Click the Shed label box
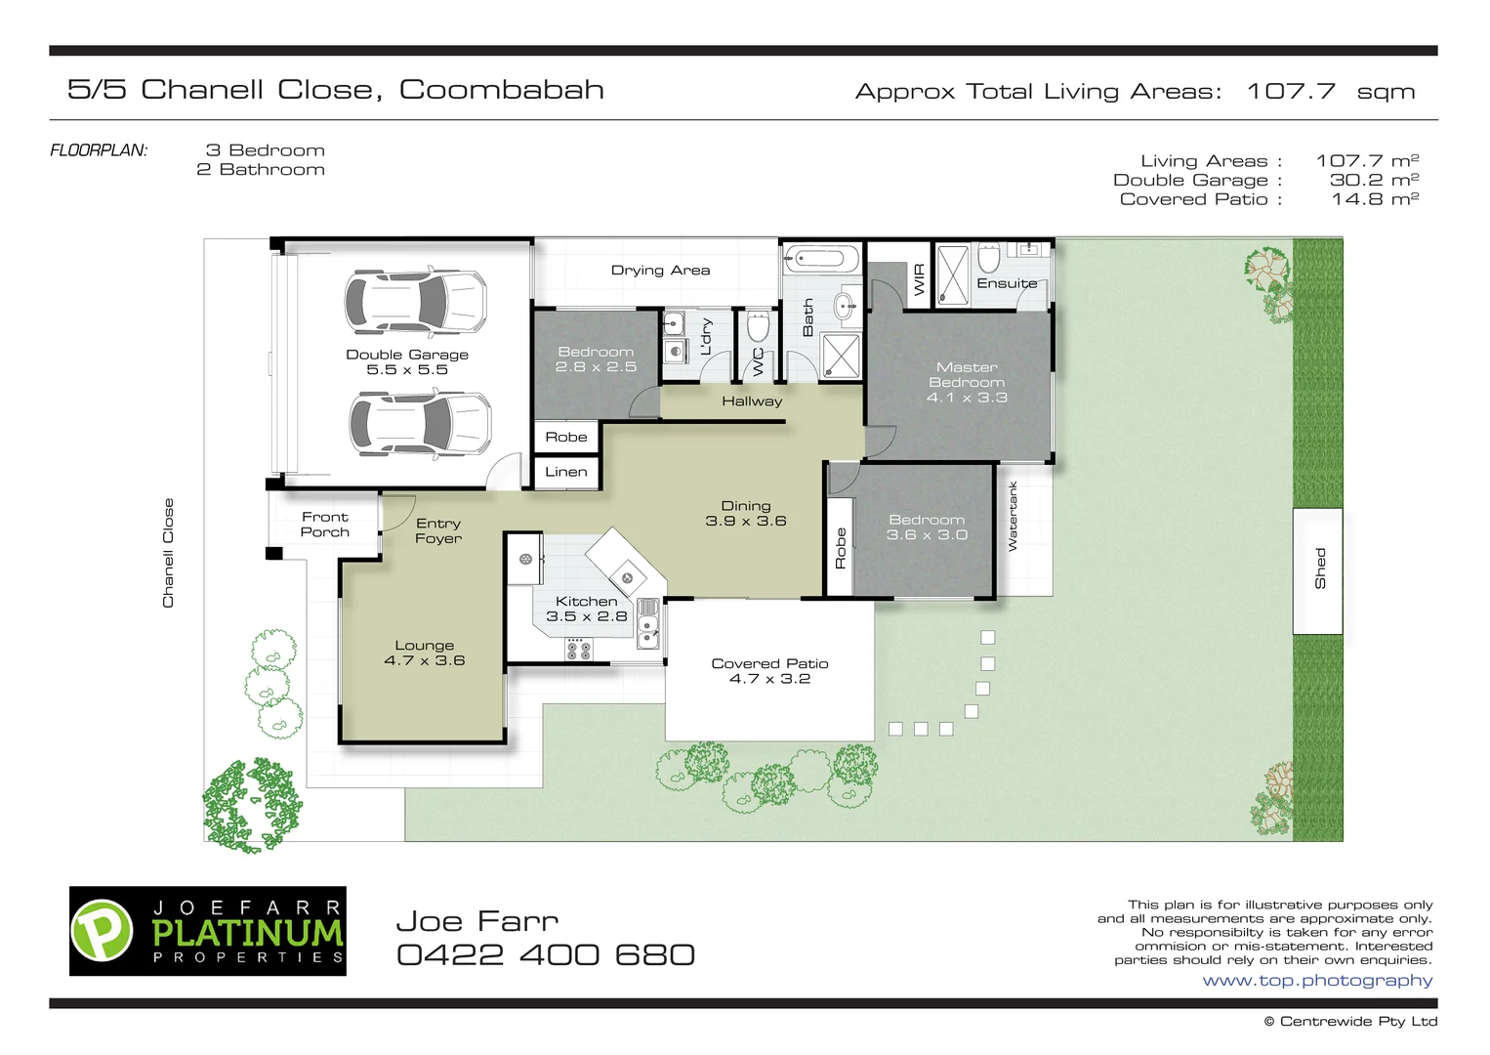(x=1318, y=570)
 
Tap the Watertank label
(x=1013, y=517)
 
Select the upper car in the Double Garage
(x=416, y=302)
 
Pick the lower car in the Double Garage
(x=421, y=423)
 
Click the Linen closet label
(x=566, y=472)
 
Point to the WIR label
(x=919, y=279)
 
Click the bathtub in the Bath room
(x=822, y=258)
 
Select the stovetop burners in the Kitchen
(x=577, y=650)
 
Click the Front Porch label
(x=324, y=525)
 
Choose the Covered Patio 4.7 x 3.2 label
(x=769, y=671)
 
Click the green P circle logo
(x=102, y=931)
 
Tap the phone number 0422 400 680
(x=546, y=955)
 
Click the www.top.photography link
(x=1317, y=981)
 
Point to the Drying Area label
(x=660, y=271)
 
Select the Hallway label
(x=752, y=401)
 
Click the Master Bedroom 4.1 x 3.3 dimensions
(x=967, y=398)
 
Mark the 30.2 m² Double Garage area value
(x=1374, y=180)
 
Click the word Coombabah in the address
(x=502, y=90)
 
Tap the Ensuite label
(x=1007, y=283)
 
